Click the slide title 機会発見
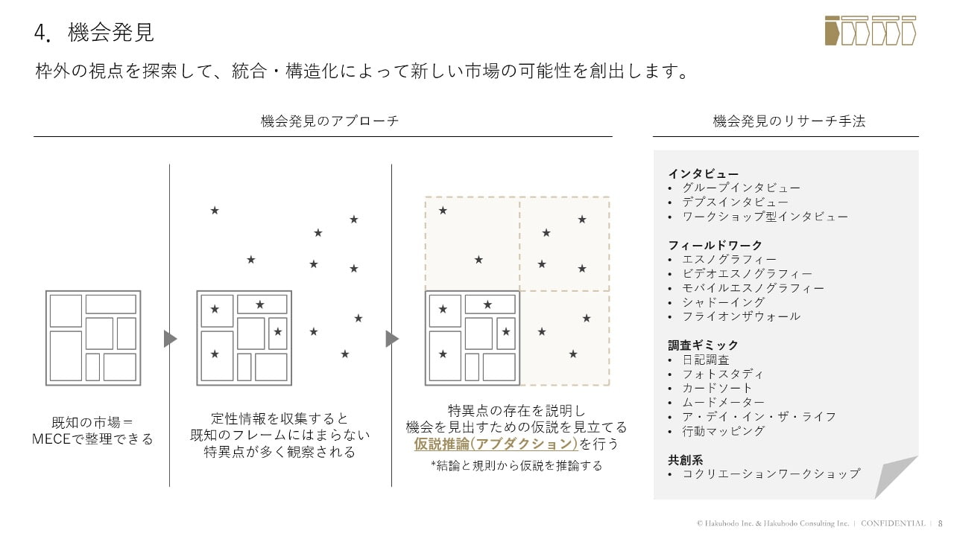coord(111,33)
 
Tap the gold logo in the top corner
coord(871,30)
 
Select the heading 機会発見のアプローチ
coord(329,121)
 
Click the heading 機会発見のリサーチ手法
coord(789,121)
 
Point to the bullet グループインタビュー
coord(741,188)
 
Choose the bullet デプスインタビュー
coord(735,202)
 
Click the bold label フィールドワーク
coord(715,245)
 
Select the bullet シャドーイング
coord(723,302)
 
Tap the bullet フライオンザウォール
coord(741,316)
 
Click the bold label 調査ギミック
coord(703,345)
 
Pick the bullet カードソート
coord(717,388)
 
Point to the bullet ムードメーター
coord(723,403)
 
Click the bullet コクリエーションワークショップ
coord(771,473)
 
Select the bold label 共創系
coord(685,459)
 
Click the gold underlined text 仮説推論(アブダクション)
coord(496,444)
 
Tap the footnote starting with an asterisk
coord(517,466)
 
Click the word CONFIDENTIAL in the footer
coord(893,523)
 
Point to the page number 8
coord(940,523)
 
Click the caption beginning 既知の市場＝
coord(93,431)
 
